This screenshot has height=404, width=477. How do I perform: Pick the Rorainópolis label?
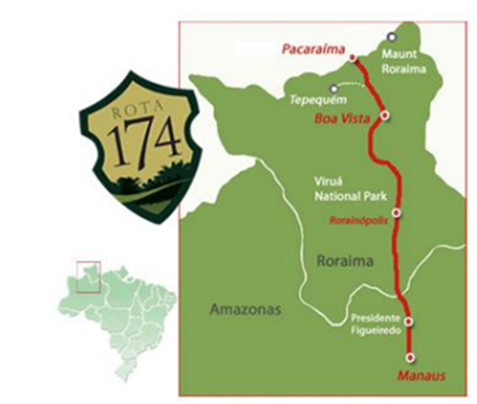tap(361, 220)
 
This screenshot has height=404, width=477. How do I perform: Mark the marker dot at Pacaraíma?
tap(352, 57)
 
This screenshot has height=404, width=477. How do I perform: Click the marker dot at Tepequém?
tap(333, 89)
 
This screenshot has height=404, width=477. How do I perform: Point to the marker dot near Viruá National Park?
tap(396, 211)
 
